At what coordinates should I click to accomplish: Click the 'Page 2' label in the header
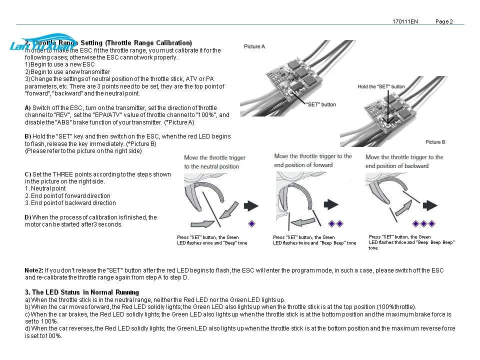444,21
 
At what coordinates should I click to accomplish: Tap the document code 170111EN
405,21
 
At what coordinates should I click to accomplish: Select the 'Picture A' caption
254,46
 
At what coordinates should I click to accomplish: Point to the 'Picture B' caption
435,142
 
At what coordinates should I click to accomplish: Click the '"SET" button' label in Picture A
321,104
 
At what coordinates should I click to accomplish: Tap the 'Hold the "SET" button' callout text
381,86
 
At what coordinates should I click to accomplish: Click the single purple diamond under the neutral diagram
252,223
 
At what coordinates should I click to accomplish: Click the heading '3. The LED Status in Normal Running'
82,292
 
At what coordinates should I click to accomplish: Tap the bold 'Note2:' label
34,270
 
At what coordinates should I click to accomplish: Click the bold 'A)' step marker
27,108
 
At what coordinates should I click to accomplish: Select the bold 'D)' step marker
28,217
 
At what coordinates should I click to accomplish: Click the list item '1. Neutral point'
45,188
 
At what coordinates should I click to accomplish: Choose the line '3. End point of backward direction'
70,203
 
